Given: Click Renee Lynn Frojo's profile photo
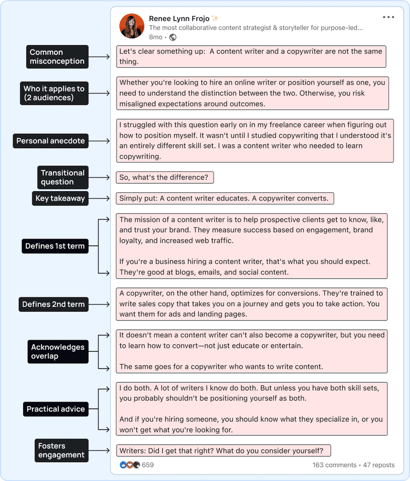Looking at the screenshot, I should (132, 26).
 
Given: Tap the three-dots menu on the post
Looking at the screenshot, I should (388, 18).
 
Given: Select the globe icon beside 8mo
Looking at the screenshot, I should (173, 37).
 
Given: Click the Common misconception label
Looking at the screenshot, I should (57, 57).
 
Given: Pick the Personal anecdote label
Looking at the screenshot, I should (51, 141).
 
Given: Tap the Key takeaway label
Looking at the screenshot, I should (60, 198).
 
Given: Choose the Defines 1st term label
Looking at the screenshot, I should (55, 246).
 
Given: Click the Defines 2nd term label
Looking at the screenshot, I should (54, 304).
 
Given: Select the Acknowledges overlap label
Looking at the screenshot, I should (58, 351).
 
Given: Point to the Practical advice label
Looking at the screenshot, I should (55, 409).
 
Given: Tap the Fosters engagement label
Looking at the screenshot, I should (61, 450).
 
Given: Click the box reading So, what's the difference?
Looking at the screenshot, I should (165, 178).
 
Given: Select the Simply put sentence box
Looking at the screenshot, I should (224, 198).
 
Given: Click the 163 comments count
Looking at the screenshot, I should (334, 465).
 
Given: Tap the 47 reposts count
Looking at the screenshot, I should (379, 465).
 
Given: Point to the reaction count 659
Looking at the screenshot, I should (147, 465).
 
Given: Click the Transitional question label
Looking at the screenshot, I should (62, 178).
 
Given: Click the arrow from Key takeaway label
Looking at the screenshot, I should (102, 198).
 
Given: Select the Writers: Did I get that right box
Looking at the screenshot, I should (223, 451).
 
